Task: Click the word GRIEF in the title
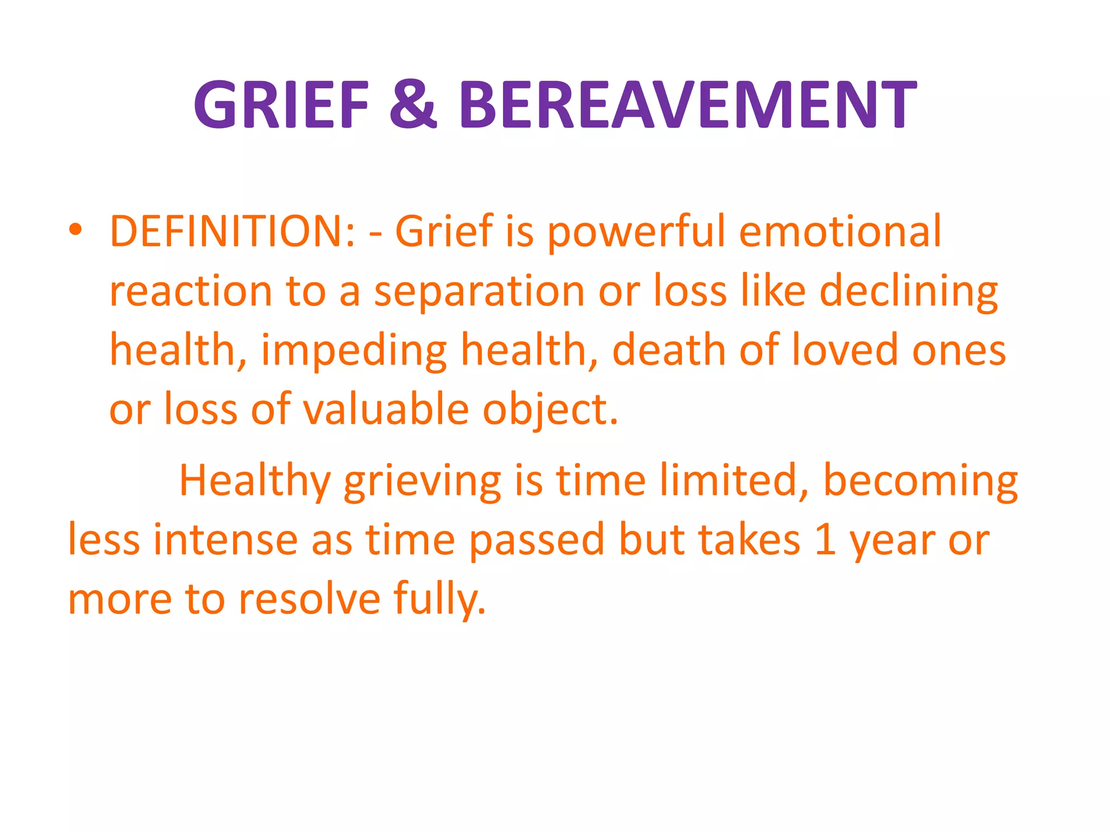click(x=281, y=104)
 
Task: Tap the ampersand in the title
click(x=413, y=104)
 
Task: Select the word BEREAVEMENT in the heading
click(x=688, y=104)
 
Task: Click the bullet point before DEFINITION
click(x=75, y=230)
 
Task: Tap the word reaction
click(x=190, y=292)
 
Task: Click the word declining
click(x=908, y=292)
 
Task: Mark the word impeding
click(x=354, y=351)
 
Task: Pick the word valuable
click(x=385, y=409)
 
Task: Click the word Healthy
click(x=255, y=482)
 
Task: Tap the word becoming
click(x=920, y=482)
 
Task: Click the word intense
click(x=225, y=540)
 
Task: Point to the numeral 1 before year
click(x=825, y=540)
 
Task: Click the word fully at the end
click(x=440, y=600)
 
